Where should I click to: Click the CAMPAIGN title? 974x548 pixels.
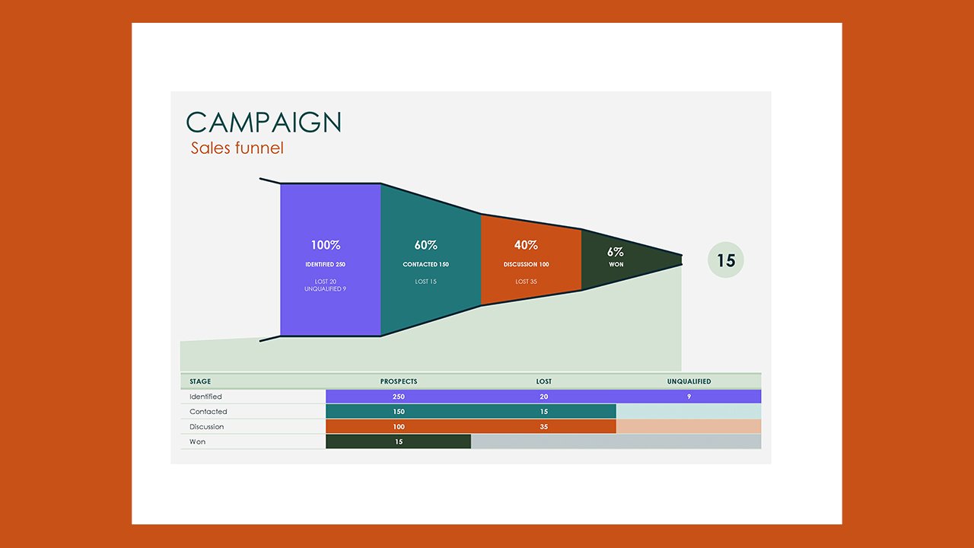(263, 123)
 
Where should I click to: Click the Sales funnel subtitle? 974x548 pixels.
(237, 148)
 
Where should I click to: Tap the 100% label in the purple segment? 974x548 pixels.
(326, 245)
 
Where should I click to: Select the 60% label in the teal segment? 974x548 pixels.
(426, 245)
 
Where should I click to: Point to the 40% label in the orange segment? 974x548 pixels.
(526, 245)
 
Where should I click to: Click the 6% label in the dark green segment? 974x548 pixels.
(616, 252)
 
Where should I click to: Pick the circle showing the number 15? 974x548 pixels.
(726, 260)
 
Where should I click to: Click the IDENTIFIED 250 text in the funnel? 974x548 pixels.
(326, 265)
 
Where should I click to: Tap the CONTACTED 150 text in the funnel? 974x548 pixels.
(426, 265)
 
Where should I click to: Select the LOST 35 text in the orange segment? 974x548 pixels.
(526, 282)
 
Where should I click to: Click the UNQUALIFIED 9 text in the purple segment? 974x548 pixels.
(326, 289)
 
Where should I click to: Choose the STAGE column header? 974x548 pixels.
(201, 381)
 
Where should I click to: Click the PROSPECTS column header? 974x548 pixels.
(399, 381)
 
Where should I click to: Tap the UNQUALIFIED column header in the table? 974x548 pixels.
(689, 381)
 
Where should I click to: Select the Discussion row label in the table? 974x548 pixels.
(207, 426)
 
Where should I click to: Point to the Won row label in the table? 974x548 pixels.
(198, 441)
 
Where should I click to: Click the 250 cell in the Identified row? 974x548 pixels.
(399, 397)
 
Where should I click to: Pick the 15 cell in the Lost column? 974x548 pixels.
(543, 412)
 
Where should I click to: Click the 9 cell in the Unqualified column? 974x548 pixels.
(689, 397)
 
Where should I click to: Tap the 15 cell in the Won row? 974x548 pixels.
(399, 441)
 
